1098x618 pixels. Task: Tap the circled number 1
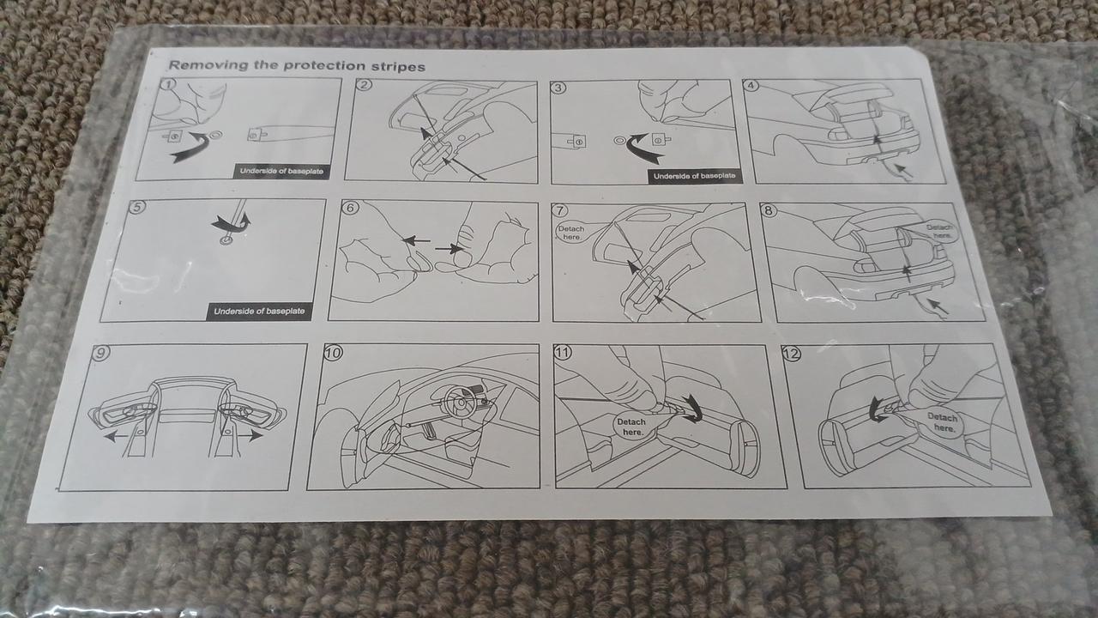[x=169, y=84]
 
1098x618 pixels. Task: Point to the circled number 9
[x=100, y=352]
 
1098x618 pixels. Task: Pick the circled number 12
[x=792, y=354]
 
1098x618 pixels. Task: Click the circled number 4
[x=751, y=86]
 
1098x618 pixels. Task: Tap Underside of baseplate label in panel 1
[x=281, y=171]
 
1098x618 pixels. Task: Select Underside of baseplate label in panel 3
[x=694, y=176]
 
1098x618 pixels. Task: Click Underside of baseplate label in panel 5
[x=259, y=311]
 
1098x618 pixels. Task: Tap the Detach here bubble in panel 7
[x=571, y=233]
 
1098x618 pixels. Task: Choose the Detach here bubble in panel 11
[x=631, y=427]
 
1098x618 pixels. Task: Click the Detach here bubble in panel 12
[x=943, y=422]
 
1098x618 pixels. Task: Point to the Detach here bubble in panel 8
[x=939, y=231]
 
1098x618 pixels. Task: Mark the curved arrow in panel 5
[x=231, y=222]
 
